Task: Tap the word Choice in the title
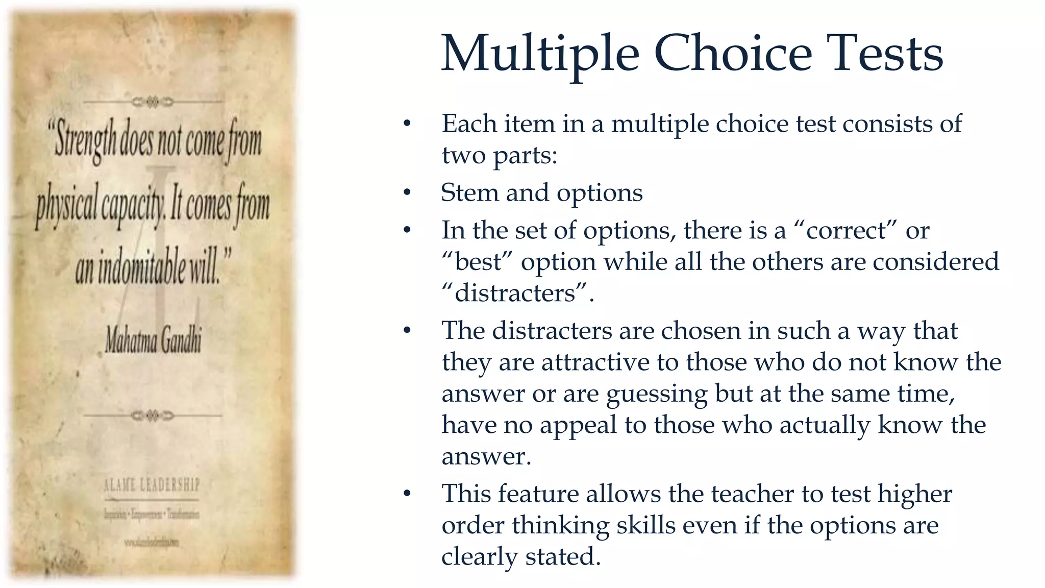pos(733,53)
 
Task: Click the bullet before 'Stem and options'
pos(407,193)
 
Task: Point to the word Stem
pos(469,193)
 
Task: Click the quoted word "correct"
pos(847,230)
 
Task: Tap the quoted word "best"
pos(477,262)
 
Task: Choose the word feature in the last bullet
pos(538,494)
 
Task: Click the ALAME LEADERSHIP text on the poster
pos(152,484)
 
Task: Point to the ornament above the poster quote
pos(153,102)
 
